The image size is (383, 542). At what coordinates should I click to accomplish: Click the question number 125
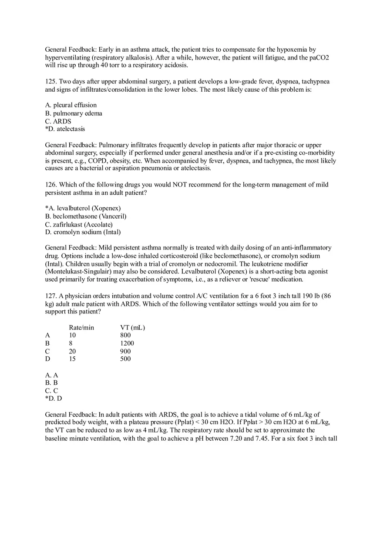coord(50,82)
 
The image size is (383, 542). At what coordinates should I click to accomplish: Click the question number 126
coord(50,185)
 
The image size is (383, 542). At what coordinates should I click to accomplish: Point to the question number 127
coord(50,296)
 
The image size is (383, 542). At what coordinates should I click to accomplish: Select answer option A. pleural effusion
coord(71,105)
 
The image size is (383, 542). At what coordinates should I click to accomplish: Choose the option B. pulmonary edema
coord(74,113)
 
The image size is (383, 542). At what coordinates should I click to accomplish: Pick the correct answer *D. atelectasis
coord(65,129)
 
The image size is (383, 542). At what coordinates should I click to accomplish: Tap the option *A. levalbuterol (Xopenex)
coord(83,208)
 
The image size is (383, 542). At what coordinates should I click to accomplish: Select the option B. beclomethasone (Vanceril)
coord(86,216)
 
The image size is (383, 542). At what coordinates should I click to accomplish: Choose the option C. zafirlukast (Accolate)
coord(79,224)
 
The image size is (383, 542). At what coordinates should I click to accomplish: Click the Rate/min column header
coord(81,327)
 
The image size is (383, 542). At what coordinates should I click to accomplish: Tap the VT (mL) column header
coord(132,327)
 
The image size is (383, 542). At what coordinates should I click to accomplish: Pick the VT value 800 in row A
coord(125,335)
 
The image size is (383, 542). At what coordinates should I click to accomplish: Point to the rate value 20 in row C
coord(73,351)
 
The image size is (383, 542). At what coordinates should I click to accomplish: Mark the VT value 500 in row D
coord(125,359)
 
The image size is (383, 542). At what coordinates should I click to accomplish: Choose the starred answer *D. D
coord(54,399)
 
